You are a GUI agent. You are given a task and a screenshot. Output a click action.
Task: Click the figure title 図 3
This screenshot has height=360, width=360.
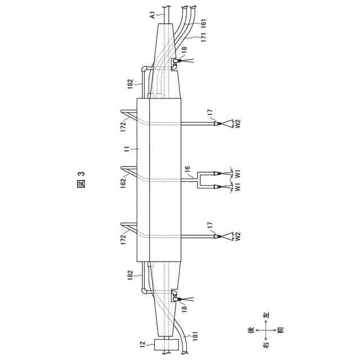(x=82, y=180)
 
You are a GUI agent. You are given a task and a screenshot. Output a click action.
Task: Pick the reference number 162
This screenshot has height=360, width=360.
(x=123, y=183)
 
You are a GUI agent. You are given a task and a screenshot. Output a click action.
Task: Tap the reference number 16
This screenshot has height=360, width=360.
(x=187, y=169)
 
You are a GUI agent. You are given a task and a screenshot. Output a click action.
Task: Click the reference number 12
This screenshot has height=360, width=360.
(x=143, y=344)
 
